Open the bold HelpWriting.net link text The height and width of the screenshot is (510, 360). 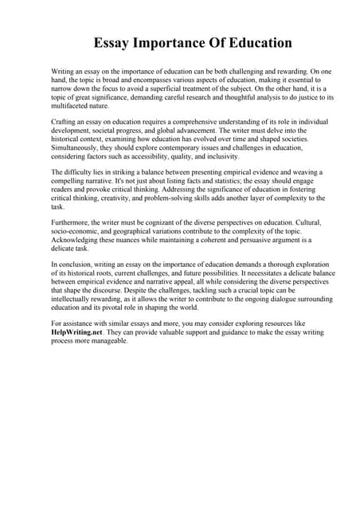(x=77, y=332)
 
